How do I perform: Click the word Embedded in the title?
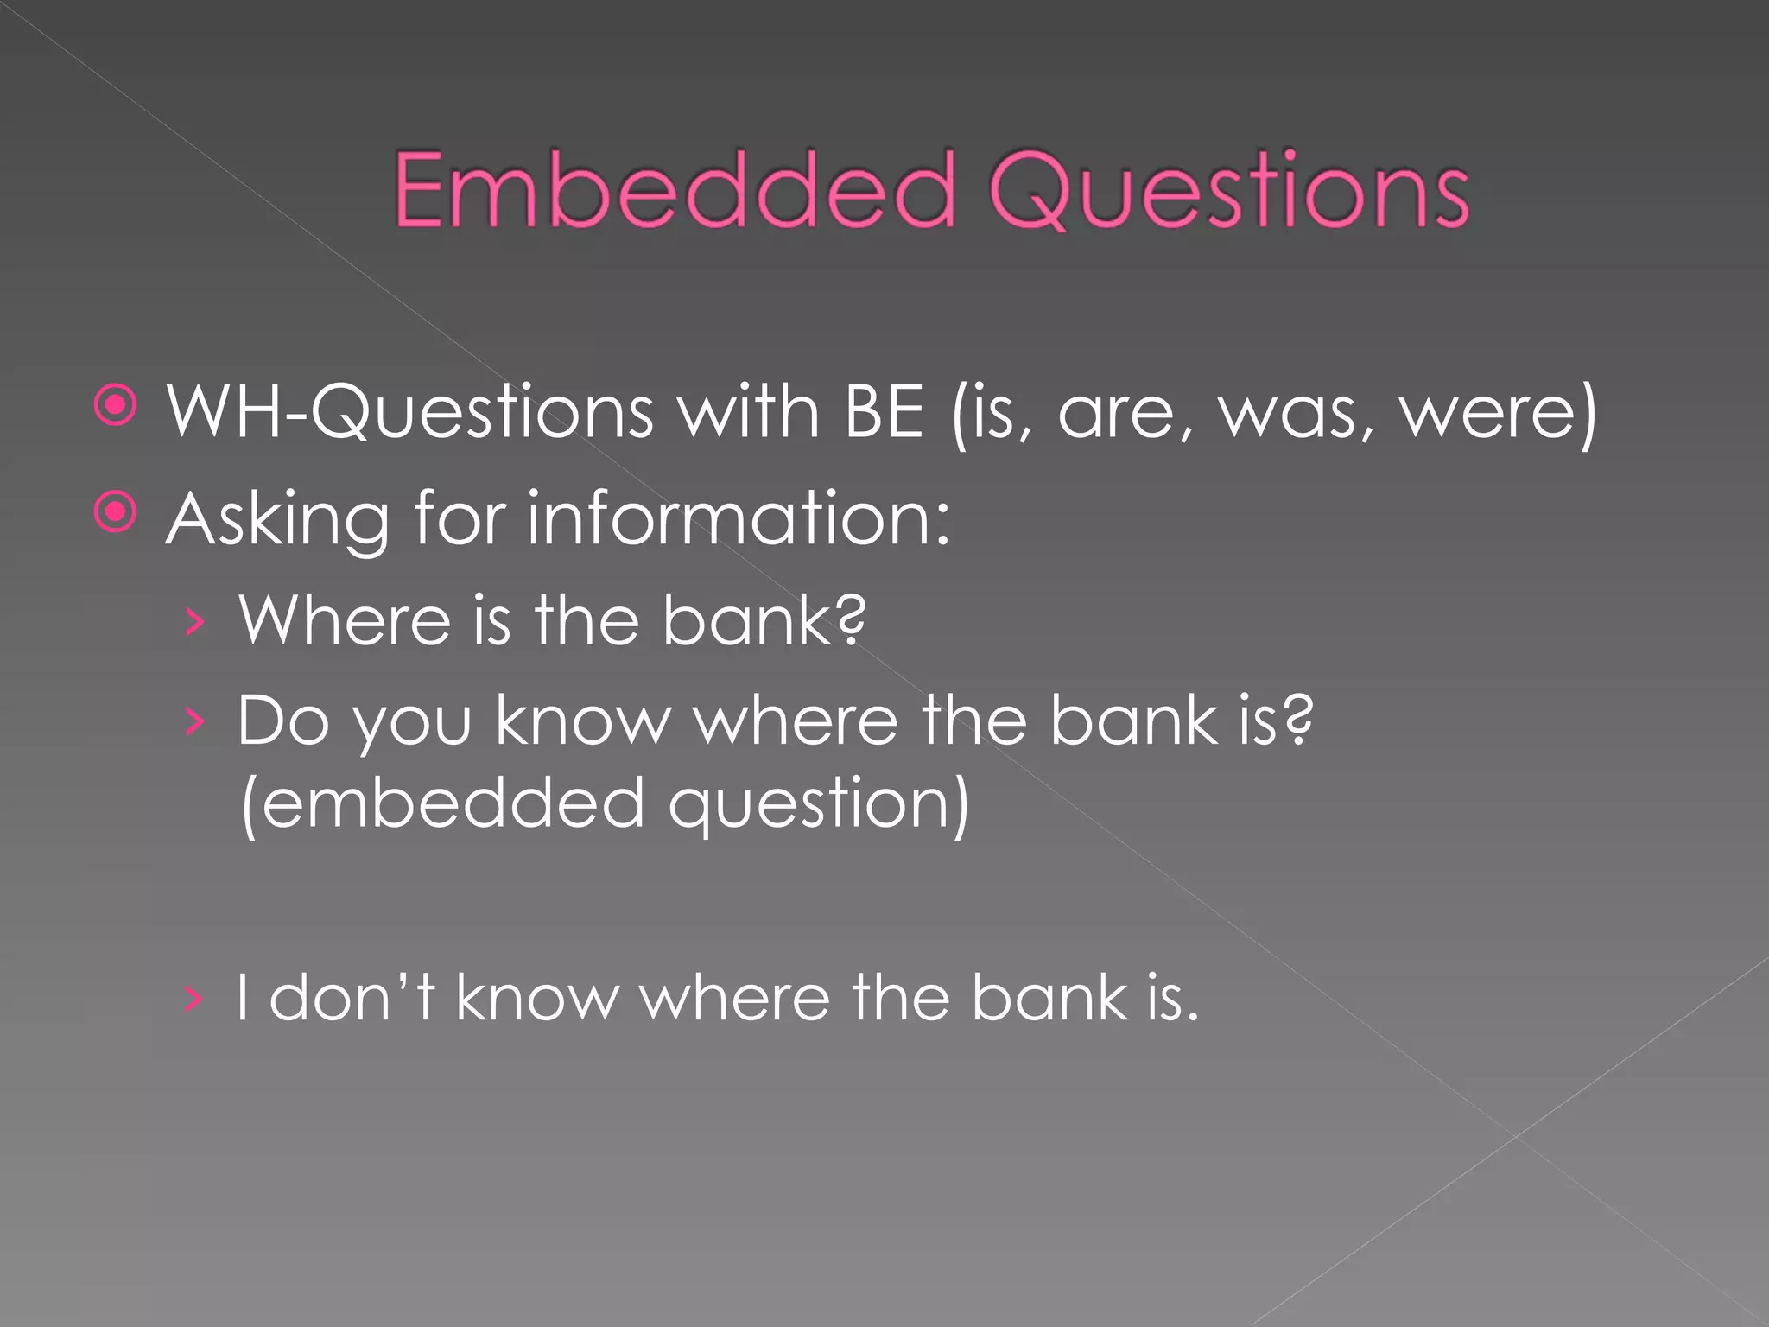pyautogui.click(x=674, y=190)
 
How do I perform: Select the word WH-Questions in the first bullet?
pyautogui.click(x=409, y=412)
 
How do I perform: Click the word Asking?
pyautogui.click(x=277, y=520)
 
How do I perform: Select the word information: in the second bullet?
pyautogui.click(x=739, y=518)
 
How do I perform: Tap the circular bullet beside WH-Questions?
pyautogui.click(x=116, y=405)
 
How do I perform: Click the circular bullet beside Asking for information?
pyautogui.click(x=116, y=513)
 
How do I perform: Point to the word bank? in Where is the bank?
pyautogui.click(x=764, y=620)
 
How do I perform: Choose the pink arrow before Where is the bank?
pyautogui.click(x=195, y=621)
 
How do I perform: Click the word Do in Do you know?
pyautogui.click(x=282, y=721)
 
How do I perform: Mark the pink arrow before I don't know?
pyautogui.click(x=194, y=999)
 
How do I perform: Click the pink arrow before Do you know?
pyautogui.click(x=195, y=721)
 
